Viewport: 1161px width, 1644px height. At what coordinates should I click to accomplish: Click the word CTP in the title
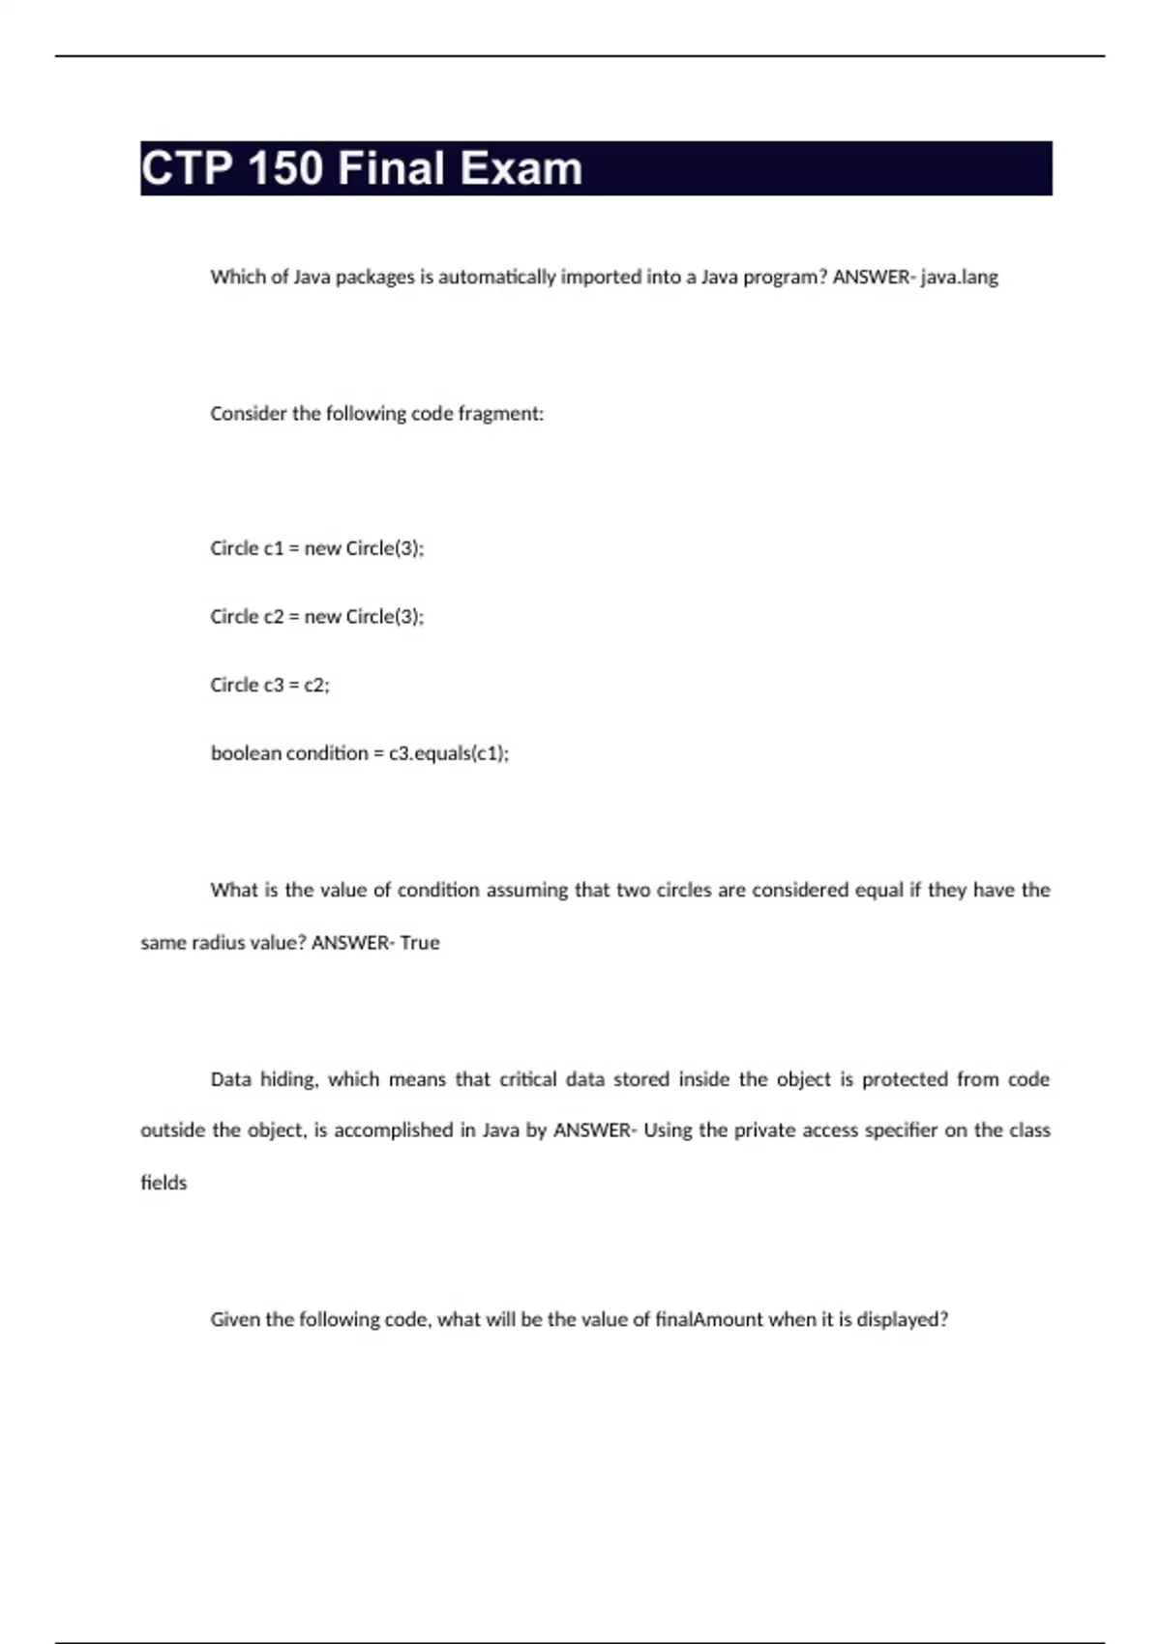point(187,169)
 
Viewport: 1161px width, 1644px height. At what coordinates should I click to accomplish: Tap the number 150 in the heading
point(285,169)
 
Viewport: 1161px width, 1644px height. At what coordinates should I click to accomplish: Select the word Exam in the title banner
point(521,169)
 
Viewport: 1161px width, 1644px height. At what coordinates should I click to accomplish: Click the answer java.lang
point(959,278)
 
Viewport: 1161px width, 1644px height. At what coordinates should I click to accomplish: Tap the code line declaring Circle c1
point(316,548)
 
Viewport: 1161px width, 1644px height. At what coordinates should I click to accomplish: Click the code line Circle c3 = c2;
point(269,685)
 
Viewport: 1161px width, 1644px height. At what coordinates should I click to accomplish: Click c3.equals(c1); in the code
point(449,753)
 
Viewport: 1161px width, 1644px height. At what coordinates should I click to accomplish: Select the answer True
point(420,943)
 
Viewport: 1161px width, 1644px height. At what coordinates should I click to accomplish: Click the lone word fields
point(164,1183)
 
